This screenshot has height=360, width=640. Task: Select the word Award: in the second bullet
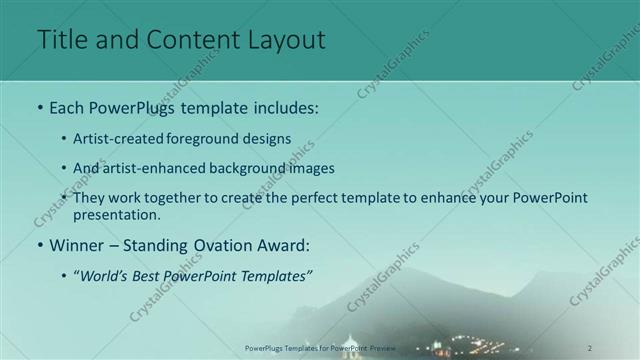coord(282,244)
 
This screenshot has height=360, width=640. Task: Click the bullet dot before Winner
coord(39,245)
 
